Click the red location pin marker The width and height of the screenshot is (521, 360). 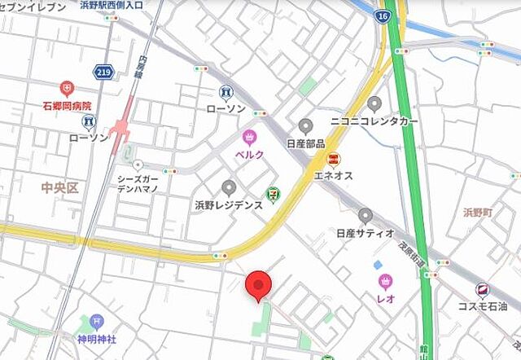click(x=259, y=286)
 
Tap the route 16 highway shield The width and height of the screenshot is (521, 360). click(x=383, y=15)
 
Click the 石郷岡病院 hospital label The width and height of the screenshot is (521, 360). click(x=67, y=106)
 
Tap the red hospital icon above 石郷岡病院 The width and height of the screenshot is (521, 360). click(x=67, y=88)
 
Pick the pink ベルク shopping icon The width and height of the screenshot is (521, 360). click(x=249, y=136)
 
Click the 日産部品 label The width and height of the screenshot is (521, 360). click(x=305, y=143)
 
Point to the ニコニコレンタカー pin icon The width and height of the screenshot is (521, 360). click(x=374, y=103)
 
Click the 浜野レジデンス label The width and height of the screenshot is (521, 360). click(x=228, y=204)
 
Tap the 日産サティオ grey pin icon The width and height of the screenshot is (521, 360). click(x=366, y=215)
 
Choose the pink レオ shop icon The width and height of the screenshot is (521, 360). click(x=385, y=282)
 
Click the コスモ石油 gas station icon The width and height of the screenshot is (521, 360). click(x=483, y=289)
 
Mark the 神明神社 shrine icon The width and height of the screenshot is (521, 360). click(x=97, y=321)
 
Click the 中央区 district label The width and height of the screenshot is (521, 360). click(x=59, y=188)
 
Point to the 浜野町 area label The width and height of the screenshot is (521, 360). click(x=478, y=212)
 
